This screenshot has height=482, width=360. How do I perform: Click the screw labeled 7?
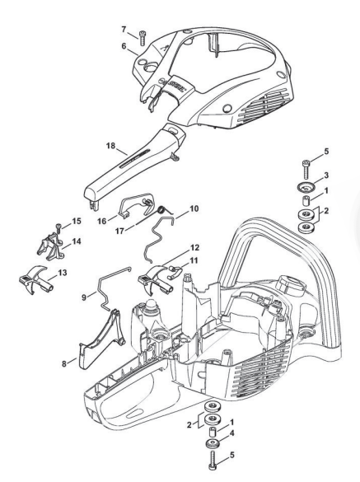point(143,38)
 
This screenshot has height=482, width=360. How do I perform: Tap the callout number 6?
point(124,46)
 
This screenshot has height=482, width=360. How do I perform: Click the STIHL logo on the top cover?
point(175,83)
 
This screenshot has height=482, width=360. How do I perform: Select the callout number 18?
point(110,145)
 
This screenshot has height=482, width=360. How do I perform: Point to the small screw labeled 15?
point(58,228)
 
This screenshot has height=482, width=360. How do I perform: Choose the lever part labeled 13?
point(36,279)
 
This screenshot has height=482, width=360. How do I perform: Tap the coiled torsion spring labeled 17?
point(161,210)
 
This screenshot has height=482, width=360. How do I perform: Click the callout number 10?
point(194,208)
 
